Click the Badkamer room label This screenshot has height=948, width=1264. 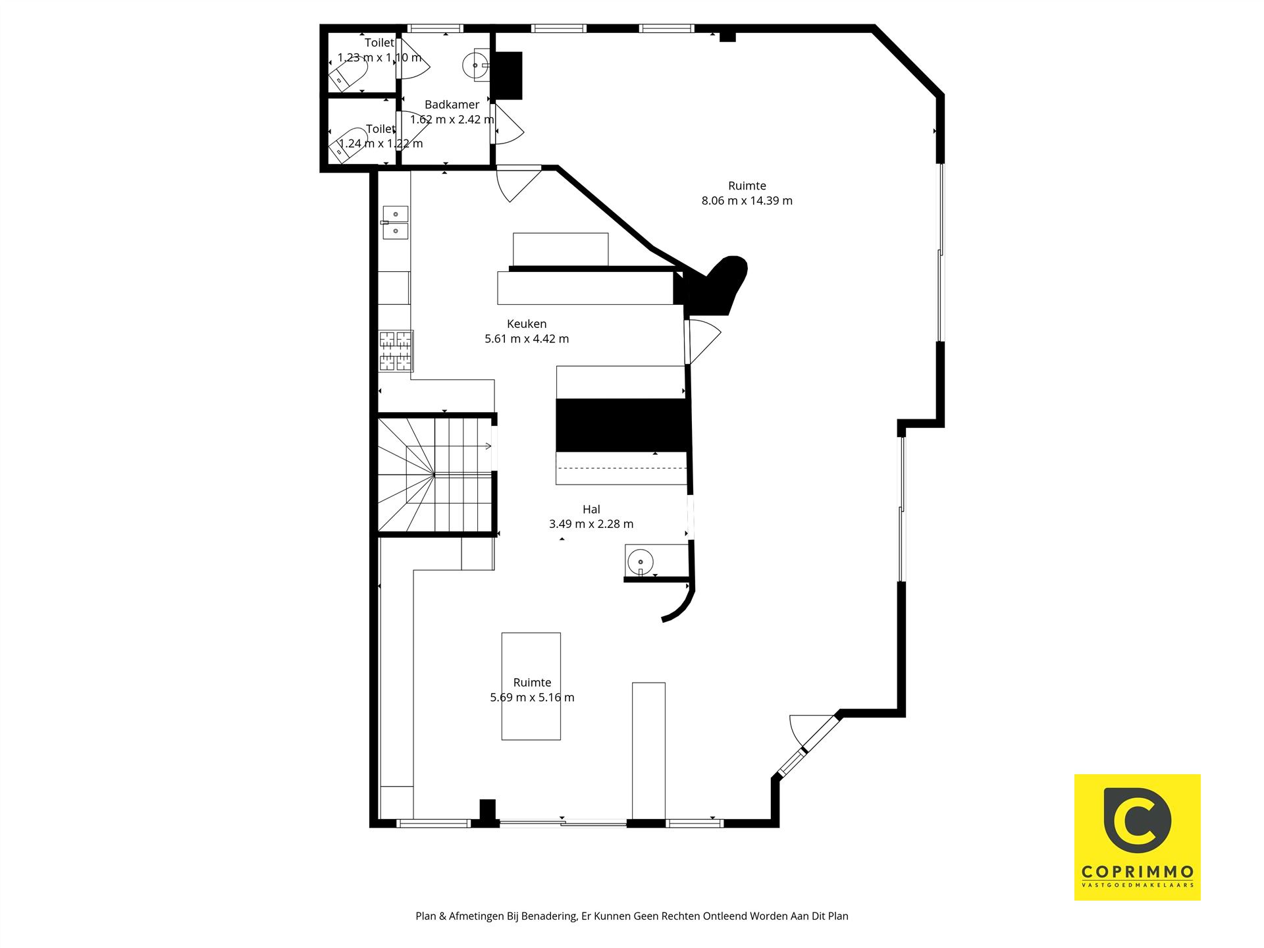pyautogui.click(x=452, y=105)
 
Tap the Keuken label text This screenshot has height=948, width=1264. pyautogui.click(x=527, y=324)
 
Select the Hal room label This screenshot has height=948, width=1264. pyautogui.click(x=591, y=509)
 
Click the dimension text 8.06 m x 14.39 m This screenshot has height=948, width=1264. pyautogui.click(x=747, y=201)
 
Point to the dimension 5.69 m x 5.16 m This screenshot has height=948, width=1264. pyautogui.click(x=532, y=698)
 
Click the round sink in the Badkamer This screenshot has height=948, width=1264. pyautogui.click(x=475, y=65)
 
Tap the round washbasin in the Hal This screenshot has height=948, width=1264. pyautogui.click(x=640, y=562)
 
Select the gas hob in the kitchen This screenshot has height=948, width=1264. pyautogui.click(x=396, y=351)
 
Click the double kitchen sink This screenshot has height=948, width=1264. pyautogui.click(x=395, y=223)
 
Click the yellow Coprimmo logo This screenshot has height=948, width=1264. pyautogui.click(x=1138, y=837)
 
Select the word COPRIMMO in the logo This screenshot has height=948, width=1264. pyautogui.click(x=1138, y=872)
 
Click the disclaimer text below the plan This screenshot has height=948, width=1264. pyautogui.click(x=632, y=916)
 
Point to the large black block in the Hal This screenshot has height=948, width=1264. pyautogui.click(x=622, y=425)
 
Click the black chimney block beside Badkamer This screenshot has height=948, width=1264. pyautogui.click(x=508, y=76)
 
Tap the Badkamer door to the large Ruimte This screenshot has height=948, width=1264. pyautogui.click(x=507, y=124)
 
